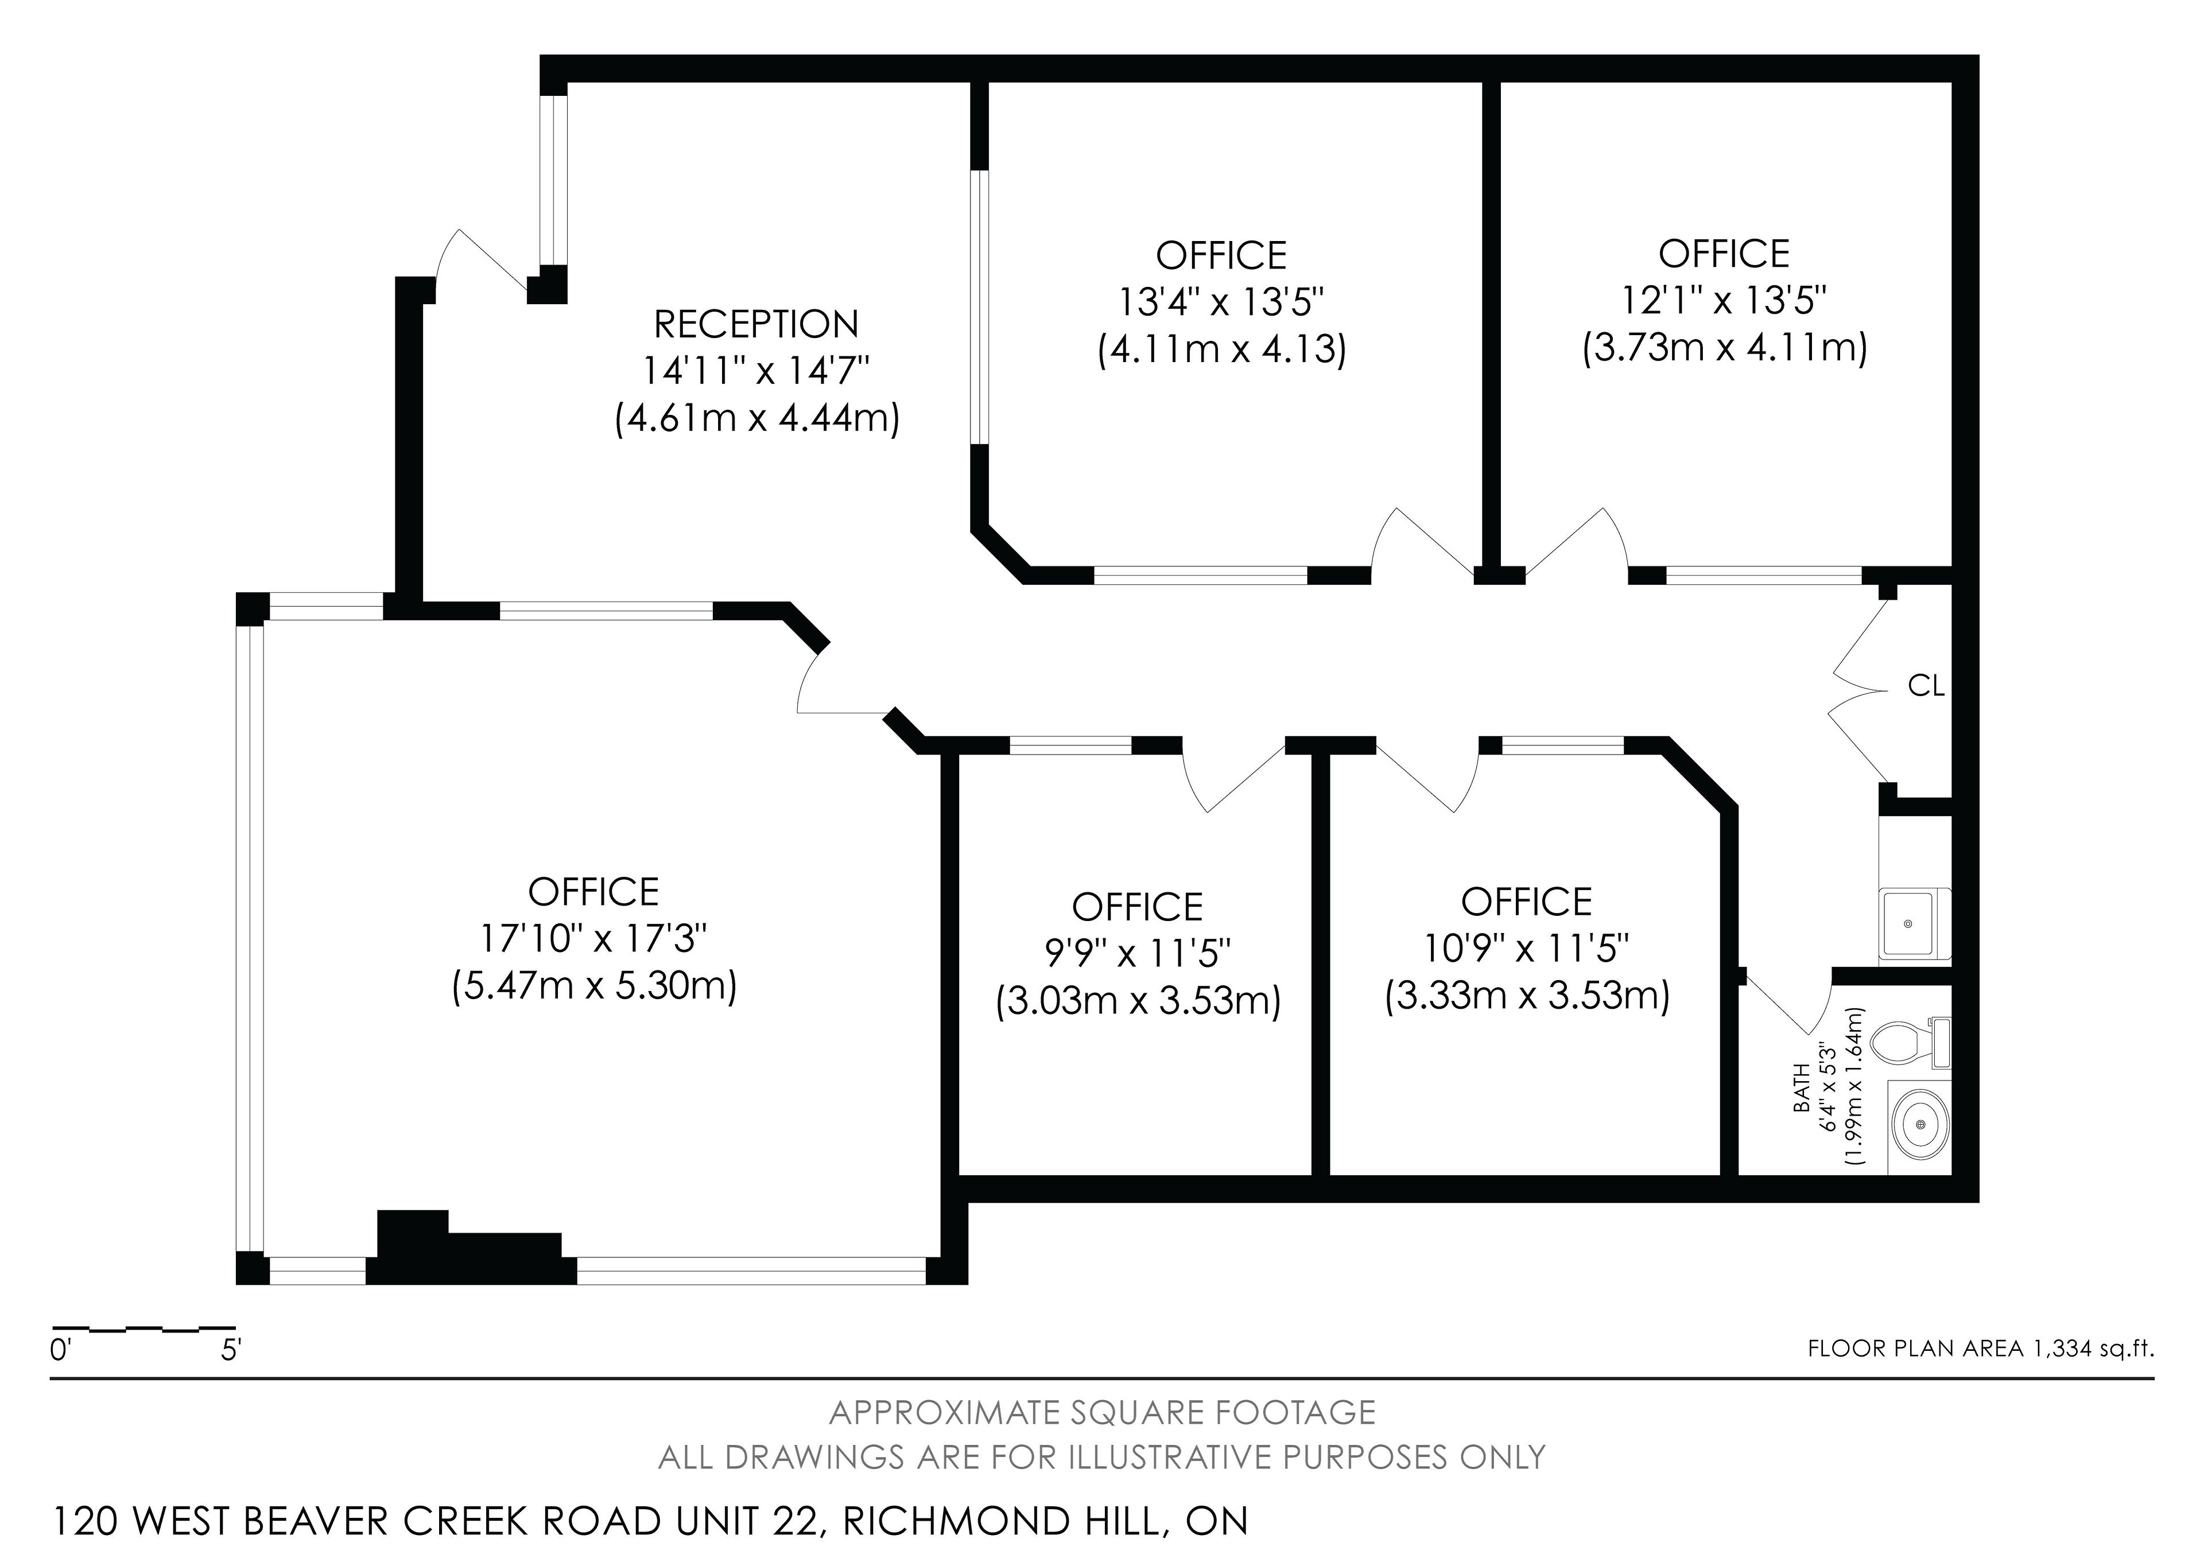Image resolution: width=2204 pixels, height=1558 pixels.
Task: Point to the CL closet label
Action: coord(1926,686)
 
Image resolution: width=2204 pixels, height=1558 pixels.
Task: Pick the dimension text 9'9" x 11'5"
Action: coord(1138,953)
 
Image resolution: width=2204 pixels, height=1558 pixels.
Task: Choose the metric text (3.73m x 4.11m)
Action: coord(1724,347)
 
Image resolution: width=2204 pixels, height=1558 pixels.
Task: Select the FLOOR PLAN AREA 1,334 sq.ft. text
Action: coord(1980,1349)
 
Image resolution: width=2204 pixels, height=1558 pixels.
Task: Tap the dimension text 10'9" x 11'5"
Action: coord(1526,949)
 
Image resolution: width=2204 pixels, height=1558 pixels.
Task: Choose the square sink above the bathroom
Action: coord(1908,923)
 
